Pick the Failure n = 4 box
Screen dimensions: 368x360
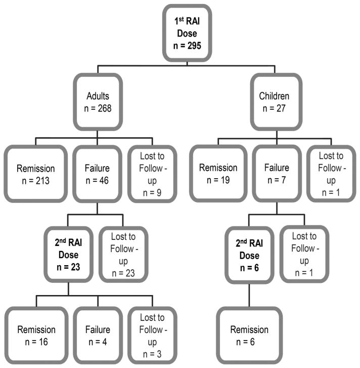[x=98, y=335]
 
